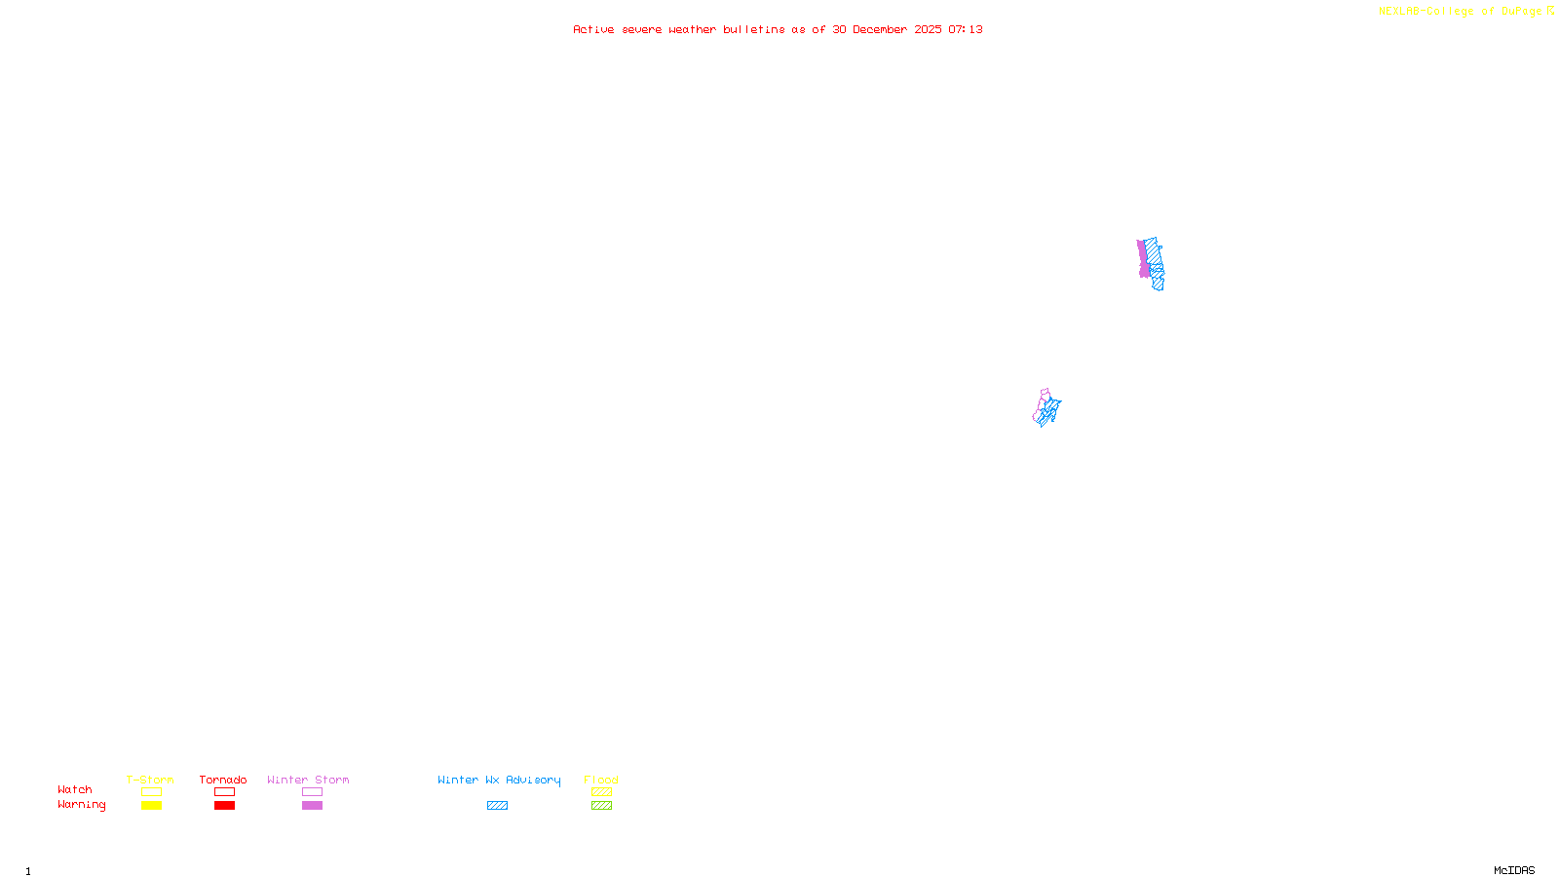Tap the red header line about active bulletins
[x=777, y=30]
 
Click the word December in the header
[x=880, y=30]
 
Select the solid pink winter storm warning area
[x=1143, y=259]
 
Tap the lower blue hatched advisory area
[x=1049, y=412]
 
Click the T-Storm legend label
[x=150, y=780]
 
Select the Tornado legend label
[x=223, y=780]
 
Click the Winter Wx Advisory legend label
[x=499, y=780]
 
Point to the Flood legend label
[x=601, y=780]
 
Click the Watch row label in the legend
[x=75, y=790]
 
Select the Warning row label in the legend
[x=81, y=805]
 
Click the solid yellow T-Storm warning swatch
[x=151, y=806]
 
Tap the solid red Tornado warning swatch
[x=224, y=806]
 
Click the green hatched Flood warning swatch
[x=601, y=806]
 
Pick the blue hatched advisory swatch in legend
[x=497, y=806]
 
